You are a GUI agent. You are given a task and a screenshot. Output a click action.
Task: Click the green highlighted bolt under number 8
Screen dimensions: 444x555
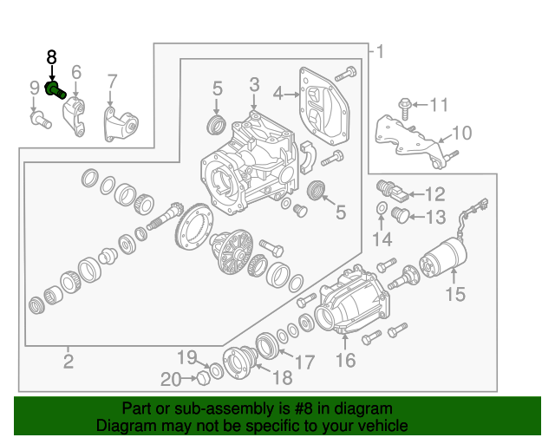pyautogui.click(x=55, y=89)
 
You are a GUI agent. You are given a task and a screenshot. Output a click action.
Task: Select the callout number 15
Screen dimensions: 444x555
pyautogui.click(x=455, y=294)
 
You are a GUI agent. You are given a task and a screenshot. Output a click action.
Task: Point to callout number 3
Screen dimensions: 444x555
pyautogui.click(x=254, y=84)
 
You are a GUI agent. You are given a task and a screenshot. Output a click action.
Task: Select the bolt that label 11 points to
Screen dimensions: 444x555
pyautogui.click(x=405, y=106)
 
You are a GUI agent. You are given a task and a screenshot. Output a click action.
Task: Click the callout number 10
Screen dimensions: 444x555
pyautogui.click(x=461, y=133)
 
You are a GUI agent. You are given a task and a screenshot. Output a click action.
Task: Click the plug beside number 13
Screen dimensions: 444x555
pyautogui.click(x=400, y=213)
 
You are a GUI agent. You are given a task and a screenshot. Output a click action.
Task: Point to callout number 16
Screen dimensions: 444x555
pyautogui.click(x=345, y=360)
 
